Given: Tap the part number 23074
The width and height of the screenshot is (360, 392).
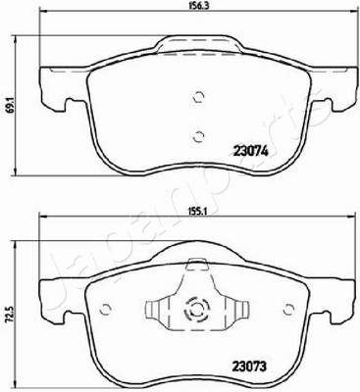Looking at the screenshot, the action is coord(250,151).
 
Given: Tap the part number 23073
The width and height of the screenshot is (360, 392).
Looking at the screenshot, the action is coord(249,367).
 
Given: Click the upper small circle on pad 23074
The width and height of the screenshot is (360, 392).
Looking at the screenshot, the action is coord(198,97).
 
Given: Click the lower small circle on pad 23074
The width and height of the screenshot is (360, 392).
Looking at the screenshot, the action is coord(198,136).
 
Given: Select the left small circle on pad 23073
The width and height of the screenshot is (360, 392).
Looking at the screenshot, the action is coord(105,309).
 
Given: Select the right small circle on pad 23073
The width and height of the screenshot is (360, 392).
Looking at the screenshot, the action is coord(289,309).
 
